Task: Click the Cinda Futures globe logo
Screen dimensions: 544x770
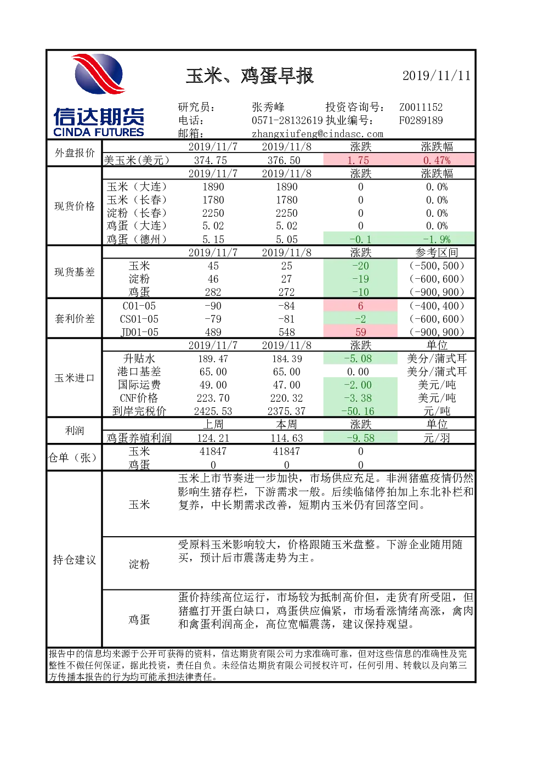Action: point(99,74)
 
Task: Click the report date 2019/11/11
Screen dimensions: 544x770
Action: point(436,76)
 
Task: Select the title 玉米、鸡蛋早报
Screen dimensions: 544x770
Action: point(250,76)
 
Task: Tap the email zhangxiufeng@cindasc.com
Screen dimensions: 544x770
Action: point(318,134)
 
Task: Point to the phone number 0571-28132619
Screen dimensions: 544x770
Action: point(287,120)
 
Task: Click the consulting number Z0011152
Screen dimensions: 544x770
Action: point(421,107)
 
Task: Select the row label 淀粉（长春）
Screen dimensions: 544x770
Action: point(137,213)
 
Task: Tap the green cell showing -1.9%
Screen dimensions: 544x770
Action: point(436,239)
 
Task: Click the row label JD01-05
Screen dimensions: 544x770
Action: point(139,332)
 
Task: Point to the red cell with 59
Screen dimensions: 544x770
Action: point(360,332)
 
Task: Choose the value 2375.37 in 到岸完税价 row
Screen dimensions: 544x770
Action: point(286,411)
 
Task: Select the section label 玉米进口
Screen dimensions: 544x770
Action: point(74,378)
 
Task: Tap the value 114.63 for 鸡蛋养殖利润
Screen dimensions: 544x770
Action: point(286,438)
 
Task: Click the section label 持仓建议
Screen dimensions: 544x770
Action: point(74,560)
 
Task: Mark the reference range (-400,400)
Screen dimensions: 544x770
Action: point(437,306)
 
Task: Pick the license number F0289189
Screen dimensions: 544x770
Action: point(421,120)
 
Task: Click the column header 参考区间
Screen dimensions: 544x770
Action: point(437,252)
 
